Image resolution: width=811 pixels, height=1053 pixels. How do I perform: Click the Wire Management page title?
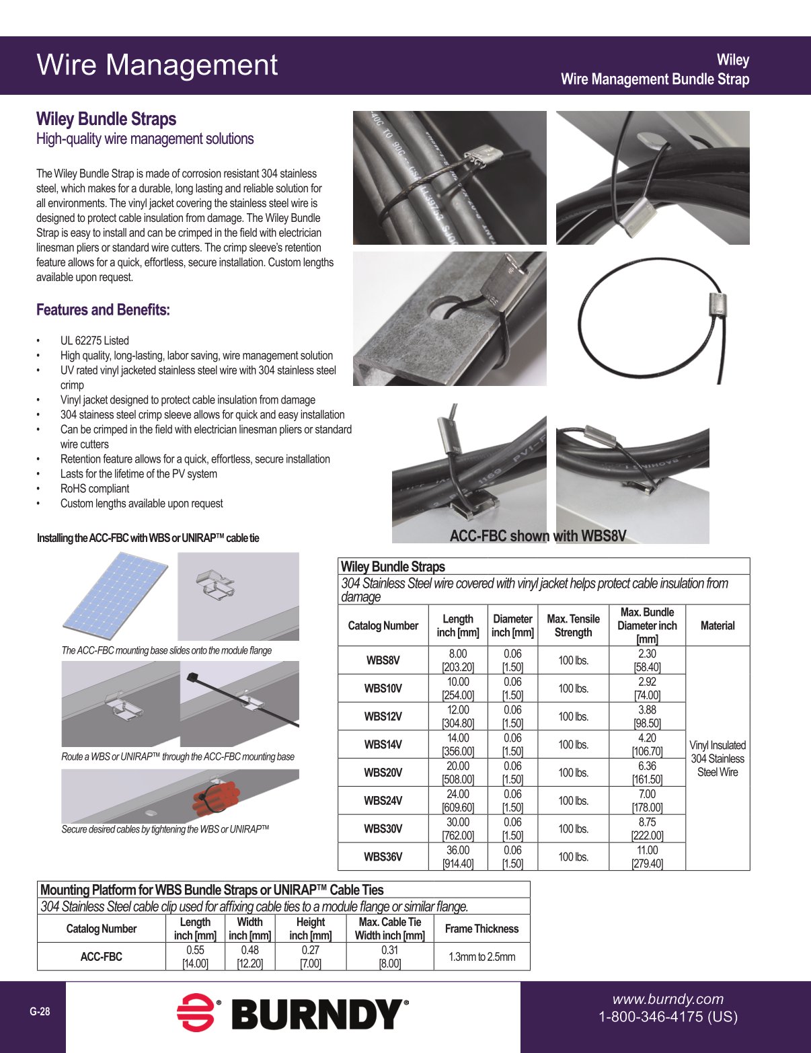(157, 65)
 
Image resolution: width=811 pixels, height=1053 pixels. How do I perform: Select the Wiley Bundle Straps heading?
(106, 119)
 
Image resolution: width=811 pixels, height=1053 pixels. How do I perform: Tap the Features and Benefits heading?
(103, 310)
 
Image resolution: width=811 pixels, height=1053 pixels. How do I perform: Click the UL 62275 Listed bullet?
(94, 341)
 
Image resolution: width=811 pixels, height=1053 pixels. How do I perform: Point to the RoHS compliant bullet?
(94, 489)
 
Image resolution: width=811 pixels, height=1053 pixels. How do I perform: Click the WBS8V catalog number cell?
(383, 660)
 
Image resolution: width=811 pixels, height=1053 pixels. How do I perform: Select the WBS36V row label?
(383, 857)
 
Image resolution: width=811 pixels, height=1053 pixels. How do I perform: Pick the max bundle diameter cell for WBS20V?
(647, 773)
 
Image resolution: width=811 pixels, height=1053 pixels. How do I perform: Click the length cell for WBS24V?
(457, 801)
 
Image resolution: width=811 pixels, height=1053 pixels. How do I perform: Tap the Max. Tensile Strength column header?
(573, 625)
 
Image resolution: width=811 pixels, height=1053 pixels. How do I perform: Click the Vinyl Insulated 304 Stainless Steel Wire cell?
(718, 758)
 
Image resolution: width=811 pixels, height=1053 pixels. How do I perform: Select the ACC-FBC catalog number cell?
(101, 956)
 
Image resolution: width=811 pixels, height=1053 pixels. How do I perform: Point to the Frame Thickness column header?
(481, 929)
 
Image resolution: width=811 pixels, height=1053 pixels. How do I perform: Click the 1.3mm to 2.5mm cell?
(481, 956)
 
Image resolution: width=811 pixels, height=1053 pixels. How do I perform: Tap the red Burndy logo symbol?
(195, 1013)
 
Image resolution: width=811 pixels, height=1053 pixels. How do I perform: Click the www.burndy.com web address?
(668, 999)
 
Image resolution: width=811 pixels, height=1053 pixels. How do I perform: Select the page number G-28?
(40, 1011)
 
